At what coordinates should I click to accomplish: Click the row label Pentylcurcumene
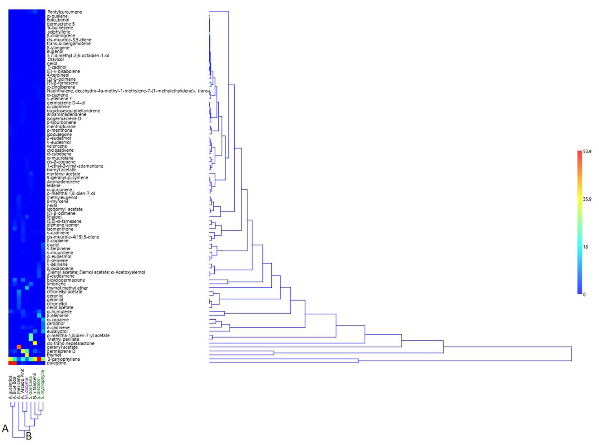click(x=65, y=12)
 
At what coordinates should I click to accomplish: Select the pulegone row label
click(x=57, y=363)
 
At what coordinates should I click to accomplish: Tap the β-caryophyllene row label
click(x=64, y=359)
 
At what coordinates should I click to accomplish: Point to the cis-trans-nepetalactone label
click(x=71, y=343)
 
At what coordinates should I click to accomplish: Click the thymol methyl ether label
click(x=67, y=288)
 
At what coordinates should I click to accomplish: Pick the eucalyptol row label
click(x=57, y=331)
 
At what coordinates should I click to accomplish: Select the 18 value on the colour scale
click(x=586, y=247)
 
